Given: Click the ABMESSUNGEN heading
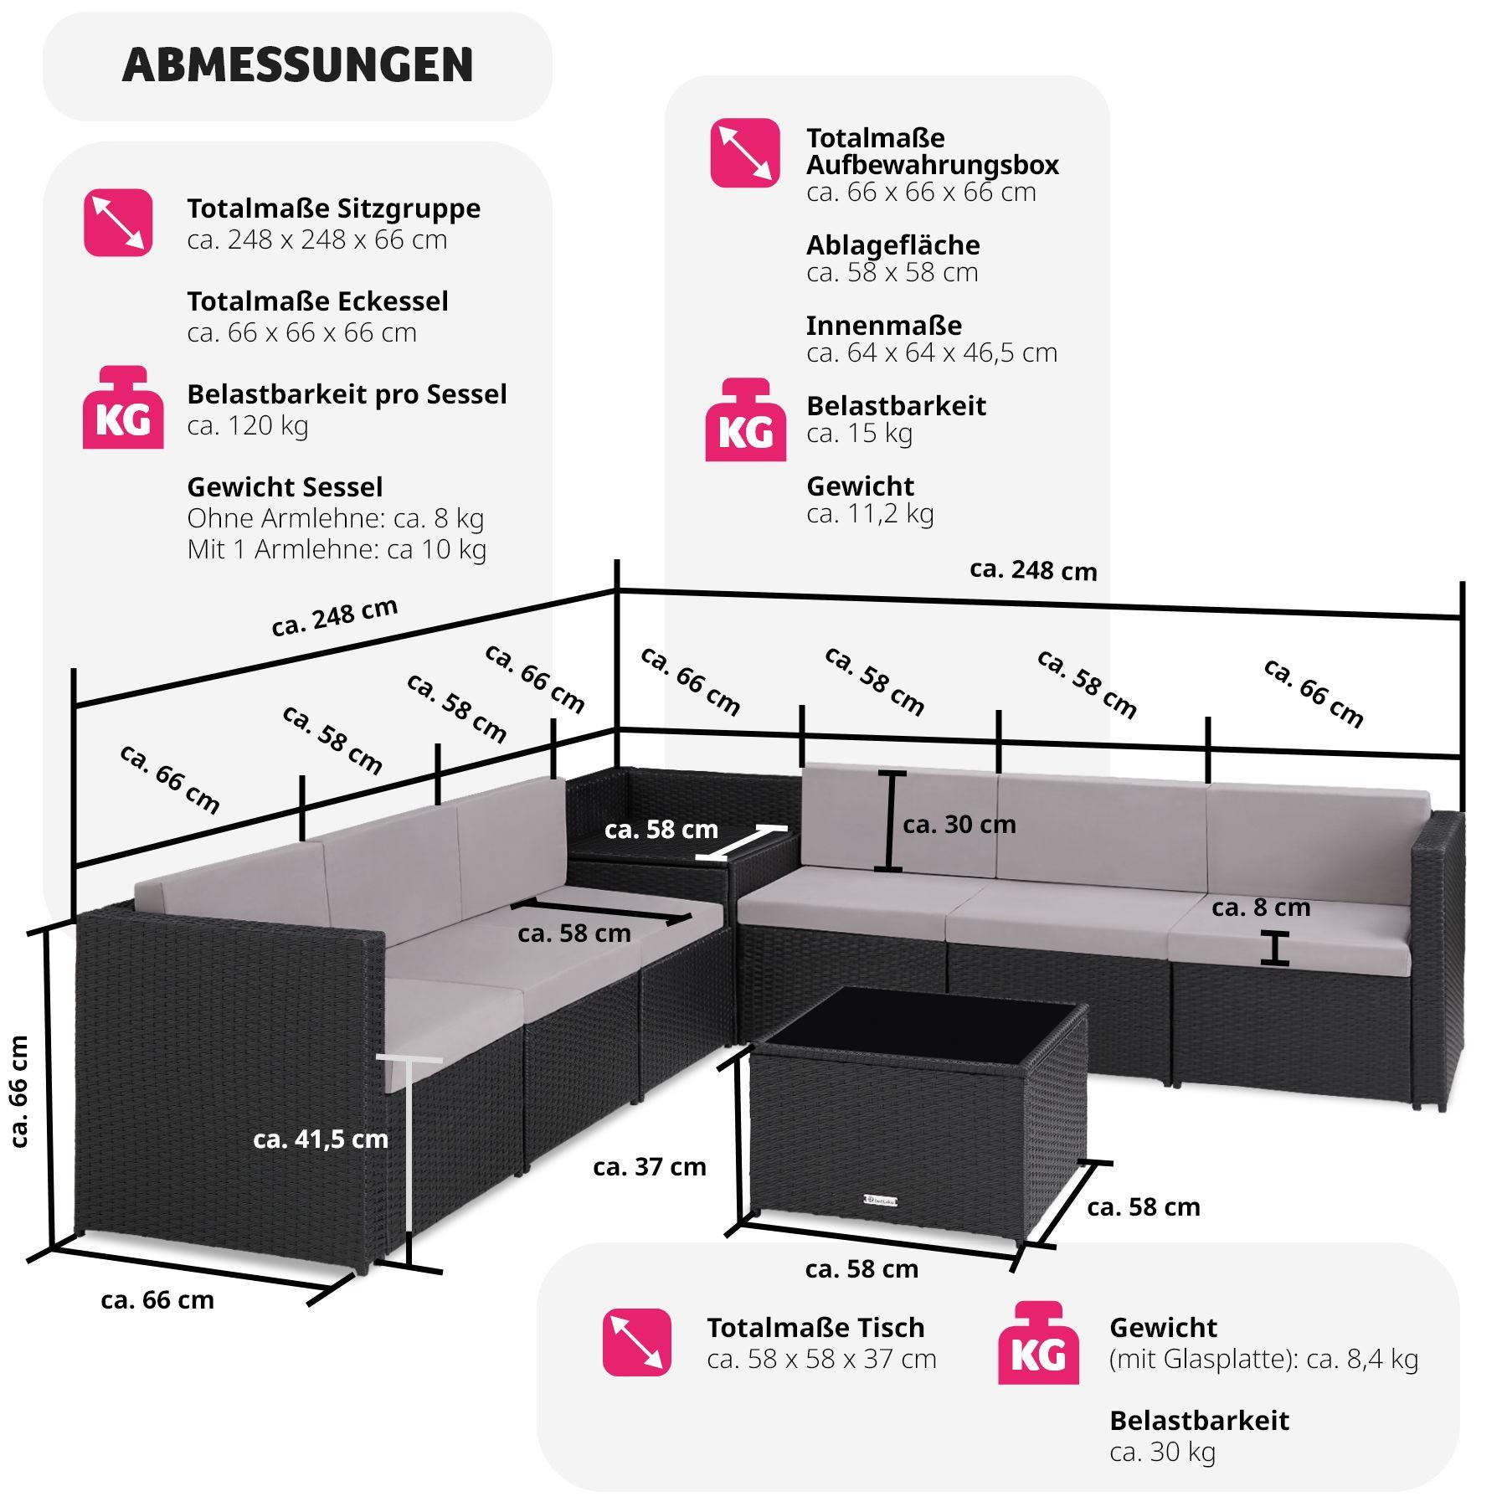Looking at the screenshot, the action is [297, 65].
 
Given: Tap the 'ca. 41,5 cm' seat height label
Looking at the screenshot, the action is [321, 1139].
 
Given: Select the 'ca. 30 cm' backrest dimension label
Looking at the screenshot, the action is [959, 825].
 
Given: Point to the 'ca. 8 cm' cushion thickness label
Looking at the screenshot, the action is [1261, 908].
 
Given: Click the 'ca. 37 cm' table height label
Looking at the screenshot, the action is [650, 1166].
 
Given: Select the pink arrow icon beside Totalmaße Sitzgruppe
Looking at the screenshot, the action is [118, 223].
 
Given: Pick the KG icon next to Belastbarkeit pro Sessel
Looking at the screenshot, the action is [122, 408].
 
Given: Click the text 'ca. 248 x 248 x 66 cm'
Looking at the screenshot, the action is [317, 240].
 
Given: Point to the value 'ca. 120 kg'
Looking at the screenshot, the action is [248, 426].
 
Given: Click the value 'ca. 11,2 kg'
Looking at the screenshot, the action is [870, 513].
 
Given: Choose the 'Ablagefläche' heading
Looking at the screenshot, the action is [893, 244].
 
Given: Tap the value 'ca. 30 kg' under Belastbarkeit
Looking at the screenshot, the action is [1162, 1452].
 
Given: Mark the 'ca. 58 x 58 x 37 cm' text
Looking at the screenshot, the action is [821, 1359].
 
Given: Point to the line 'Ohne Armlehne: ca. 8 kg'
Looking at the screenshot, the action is [336, 519].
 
